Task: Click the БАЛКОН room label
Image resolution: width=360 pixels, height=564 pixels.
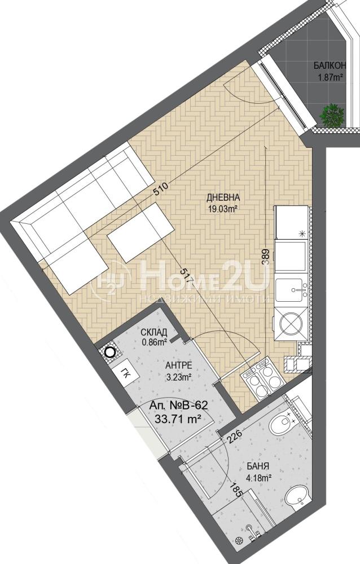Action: [x=330, y=66]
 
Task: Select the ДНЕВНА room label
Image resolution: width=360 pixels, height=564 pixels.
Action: [x=223, y=197]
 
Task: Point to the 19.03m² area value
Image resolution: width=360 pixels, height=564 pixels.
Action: [x=223, y=209]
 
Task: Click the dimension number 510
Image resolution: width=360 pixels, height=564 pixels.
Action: [x=160, y=188]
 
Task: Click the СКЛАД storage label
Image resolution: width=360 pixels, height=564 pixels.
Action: [x=154, y=332]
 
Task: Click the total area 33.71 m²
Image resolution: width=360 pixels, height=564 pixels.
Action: [x=178, y=418]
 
